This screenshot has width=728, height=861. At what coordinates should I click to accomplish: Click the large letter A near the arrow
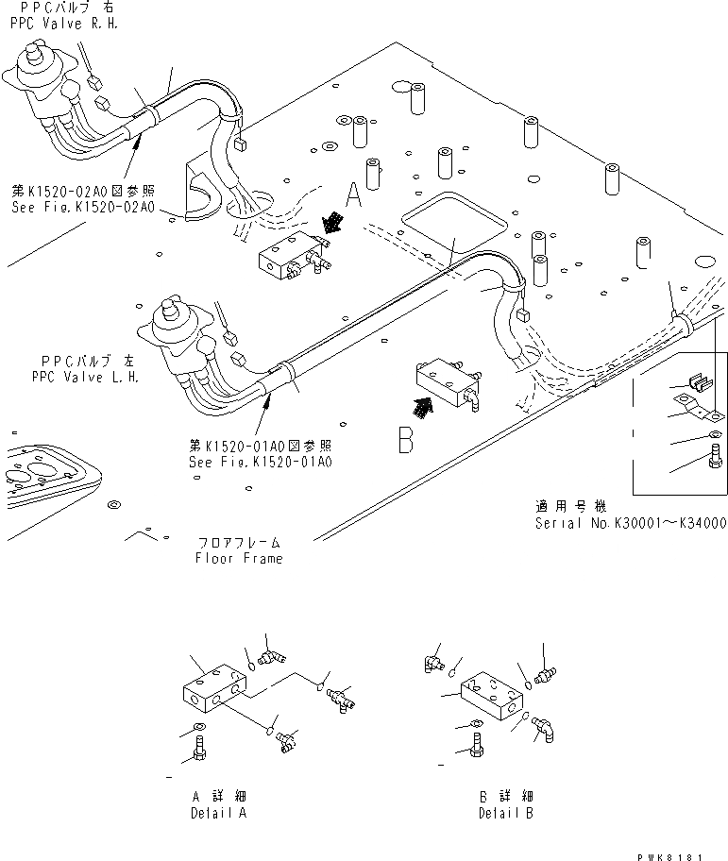click(353, 195)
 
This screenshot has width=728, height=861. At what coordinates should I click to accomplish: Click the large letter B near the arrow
click(405, 439)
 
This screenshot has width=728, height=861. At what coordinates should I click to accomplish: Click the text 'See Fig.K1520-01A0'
click(261, 462)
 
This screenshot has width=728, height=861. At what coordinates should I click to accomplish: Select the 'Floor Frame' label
click(240, 558)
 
